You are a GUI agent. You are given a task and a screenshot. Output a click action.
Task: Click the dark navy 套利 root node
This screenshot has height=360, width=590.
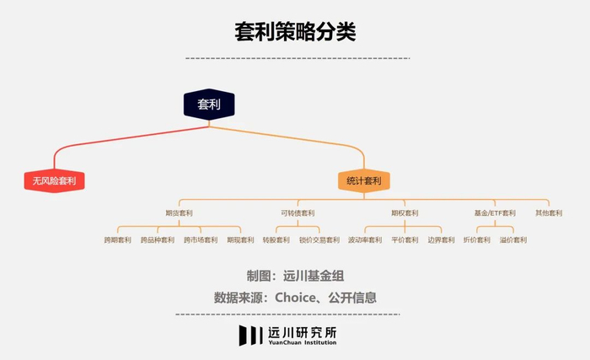[209, 105]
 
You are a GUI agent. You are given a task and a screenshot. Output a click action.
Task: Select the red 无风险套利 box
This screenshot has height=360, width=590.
[54, 181]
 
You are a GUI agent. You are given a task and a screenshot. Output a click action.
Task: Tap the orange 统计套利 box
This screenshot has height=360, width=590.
[364, 181]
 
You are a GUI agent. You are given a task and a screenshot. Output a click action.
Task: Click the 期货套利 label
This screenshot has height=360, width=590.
[179, 213]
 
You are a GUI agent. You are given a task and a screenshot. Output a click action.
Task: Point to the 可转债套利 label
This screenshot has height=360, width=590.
[298, 213]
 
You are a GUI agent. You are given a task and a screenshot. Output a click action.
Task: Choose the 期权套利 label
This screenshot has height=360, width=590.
[405, 213]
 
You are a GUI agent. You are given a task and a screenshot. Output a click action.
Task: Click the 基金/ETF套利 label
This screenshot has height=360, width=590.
[495, 213]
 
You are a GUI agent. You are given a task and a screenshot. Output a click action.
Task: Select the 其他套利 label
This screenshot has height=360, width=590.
[549, 213]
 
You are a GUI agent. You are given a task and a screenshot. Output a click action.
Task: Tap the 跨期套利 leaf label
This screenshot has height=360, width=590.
[117, 240]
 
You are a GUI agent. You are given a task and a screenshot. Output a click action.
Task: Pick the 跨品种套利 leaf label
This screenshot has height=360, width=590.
[158, 240]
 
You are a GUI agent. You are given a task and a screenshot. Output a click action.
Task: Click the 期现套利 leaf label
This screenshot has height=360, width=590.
[240, 240]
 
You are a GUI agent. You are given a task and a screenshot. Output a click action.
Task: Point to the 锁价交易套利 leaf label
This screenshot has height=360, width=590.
[319, 240]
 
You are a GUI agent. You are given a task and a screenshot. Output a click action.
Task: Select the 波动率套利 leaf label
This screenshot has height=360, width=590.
[365, 240]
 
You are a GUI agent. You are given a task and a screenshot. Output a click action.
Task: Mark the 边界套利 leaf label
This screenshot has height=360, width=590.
[441, 240]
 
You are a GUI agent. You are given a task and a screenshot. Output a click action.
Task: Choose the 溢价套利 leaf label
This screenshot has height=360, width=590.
[513, 240]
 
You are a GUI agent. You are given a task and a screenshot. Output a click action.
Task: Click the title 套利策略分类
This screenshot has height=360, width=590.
[295, 31]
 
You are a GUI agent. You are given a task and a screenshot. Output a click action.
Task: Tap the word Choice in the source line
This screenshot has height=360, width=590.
[295, 298]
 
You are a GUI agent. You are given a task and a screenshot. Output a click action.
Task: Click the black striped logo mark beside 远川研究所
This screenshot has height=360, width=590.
[250, 336]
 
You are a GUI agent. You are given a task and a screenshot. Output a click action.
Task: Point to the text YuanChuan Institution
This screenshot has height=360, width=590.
[302, 342]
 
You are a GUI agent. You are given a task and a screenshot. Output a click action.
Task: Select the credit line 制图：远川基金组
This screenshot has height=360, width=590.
[295, 276]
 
